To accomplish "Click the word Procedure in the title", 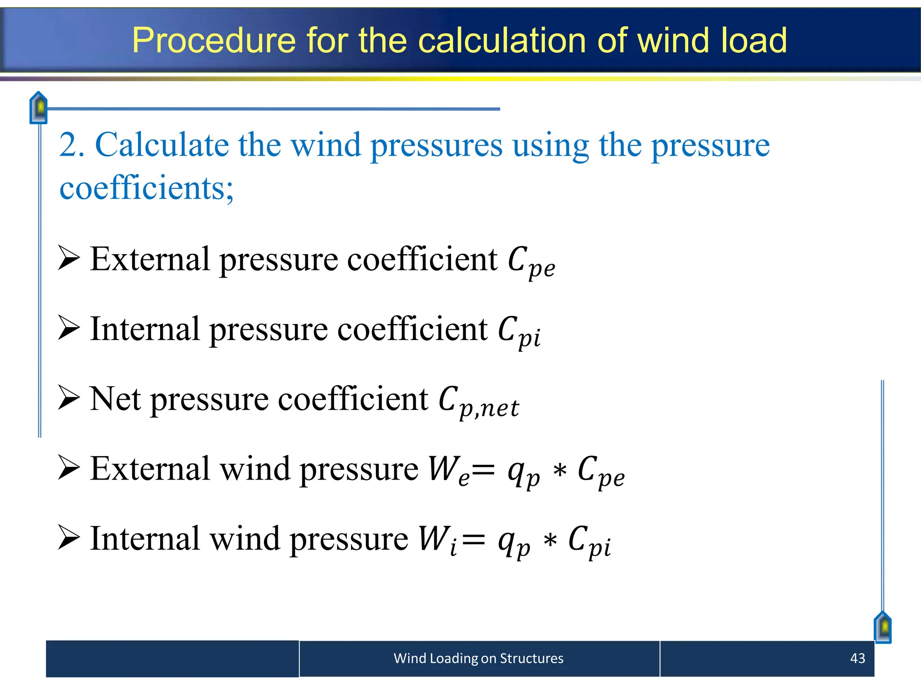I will pos(214,41).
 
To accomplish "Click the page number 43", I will pos(857,658).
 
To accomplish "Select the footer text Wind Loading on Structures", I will pos(478,658).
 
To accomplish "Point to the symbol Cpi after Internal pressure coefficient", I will pos(519,332).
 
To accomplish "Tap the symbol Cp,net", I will pos(478,402).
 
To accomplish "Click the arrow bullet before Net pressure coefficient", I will pos(69,398).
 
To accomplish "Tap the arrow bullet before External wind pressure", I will pos(69,467).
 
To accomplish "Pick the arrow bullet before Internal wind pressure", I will pos(69,537).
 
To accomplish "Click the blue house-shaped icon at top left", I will pos(39,108).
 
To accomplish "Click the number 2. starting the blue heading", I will pos(72,145).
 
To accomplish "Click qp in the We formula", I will pos(523,473).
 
